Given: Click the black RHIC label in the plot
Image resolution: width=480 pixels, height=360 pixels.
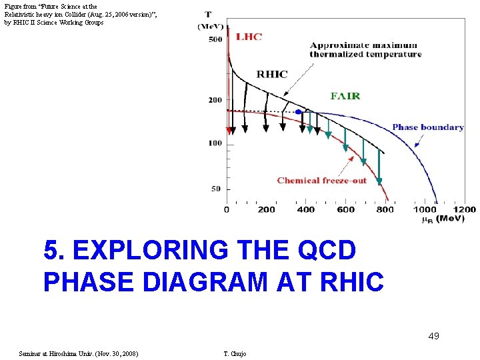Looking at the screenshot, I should [x=271, y=74].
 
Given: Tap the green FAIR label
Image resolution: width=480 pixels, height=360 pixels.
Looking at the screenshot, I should [x=345, y=96].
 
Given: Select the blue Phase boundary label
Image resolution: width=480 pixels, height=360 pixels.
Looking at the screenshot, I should [x=427, y=127].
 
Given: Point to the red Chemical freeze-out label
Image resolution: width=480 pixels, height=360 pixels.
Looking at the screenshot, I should [x=321, y=180].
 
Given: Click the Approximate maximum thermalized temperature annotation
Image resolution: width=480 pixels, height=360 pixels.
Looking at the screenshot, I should [x=365, y=50].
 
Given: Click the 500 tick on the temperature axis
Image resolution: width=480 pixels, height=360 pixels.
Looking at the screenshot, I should [x=215, y=39].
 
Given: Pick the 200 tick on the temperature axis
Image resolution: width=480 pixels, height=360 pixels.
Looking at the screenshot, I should [x=215, y=100].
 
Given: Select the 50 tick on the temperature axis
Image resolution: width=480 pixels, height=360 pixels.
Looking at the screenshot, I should [x=216, y=189].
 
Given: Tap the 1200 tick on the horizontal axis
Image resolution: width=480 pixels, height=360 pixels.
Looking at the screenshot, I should [x=465, y=209].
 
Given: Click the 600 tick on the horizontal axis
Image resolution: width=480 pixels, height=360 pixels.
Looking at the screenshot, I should [x=346, y=209].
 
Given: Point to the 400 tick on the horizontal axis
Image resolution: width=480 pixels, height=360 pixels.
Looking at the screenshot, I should [x=306, y=209].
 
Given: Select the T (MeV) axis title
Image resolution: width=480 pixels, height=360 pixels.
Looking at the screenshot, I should [x=210, y=20].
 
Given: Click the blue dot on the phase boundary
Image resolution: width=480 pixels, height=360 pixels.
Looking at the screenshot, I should [x=299, y=112].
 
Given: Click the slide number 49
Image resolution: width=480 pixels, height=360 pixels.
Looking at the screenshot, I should [x=433, y=336].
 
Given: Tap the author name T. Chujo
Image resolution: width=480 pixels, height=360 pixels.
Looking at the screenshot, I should [x=235, y=353].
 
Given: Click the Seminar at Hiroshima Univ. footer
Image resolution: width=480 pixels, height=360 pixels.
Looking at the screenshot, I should [x=79, y=353].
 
